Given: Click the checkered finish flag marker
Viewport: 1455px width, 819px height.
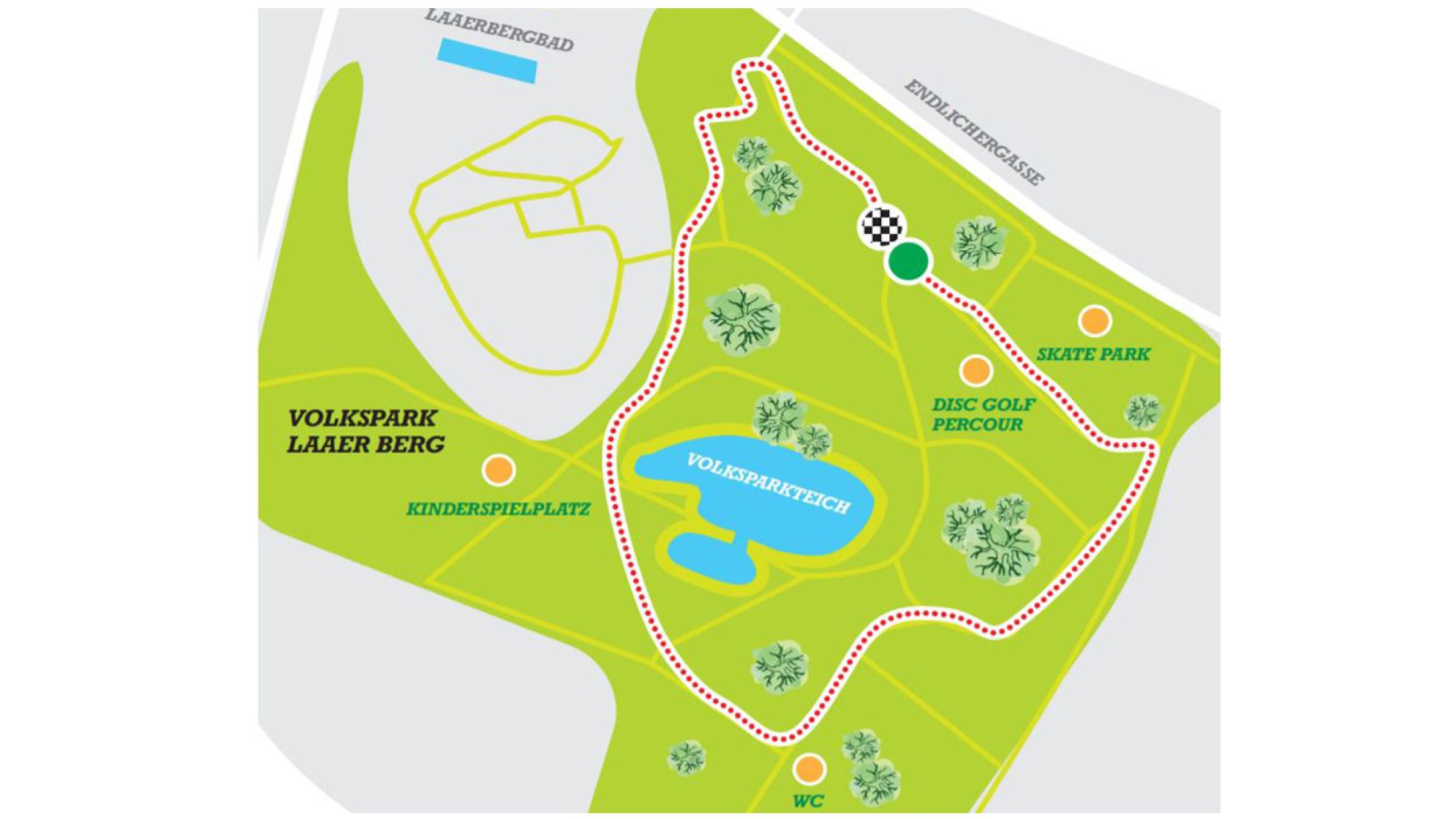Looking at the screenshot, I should pyautogui.click(x=882, y=226).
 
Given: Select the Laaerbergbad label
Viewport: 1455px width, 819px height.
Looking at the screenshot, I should pyautogui.click(x=499, y=31).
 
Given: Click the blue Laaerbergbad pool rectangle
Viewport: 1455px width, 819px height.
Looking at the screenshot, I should pyautogui.click(x=487, y=60).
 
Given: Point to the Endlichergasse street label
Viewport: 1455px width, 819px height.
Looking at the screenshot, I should pyautogui.click(x=974, y=133).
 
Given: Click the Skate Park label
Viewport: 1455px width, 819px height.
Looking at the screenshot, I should pyautogui.click(x=1093, y=354).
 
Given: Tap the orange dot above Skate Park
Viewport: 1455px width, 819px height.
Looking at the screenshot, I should pyautogui.click(x=1094, y=322).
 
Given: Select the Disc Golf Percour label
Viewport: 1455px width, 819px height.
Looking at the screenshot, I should pyautogui.click(x=983, y=414).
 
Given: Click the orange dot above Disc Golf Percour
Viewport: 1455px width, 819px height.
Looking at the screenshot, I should pyautogui.click(x=975, y=370).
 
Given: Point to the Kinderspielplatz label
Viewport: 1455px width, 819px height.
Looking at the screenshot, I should pyautogui.click(x=498, y=509).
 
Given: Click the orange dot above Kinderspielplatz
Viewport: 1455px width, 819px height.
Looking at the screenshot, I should pyautogui.click(x=499, y=469).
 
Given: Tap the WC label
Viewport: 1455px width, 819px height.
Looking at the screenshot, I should pyautogui.click(x=808, y=801).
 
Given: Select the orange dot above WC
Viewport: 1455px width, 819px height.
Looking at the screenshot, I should pyautogui.click(x=808, y=769).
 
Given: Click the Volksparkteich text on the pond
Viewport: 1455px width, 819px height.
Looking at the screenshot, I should pyautogui.click(x=768, y=483).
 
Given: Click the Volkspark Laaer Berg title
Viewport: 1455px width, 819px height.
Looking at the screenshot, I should pyautogui.click(x=365, y=431).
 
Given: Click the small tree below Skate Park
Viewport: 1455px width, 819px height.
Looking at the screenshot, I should pyautogui.click(x=1142, y=411).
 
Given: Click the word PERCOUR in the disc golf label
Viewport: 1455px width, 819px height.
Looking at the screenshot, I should pyautogui.click(x=977, y=425).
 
